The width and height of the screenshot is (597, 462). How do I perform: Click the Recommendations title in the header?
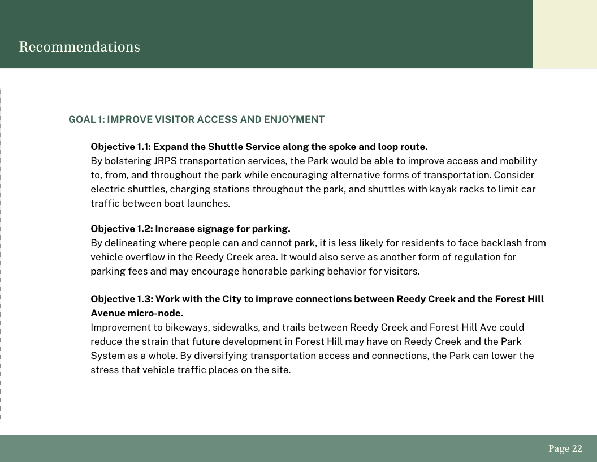click(79, 46)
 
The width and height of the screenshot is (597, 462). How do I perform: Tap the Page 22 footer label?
click(565, 448)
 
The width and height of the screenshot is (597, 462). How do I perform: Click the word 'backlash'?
click(501, 243)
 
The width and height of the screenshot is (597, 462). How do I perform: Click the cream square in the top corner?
click(564, 34)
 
